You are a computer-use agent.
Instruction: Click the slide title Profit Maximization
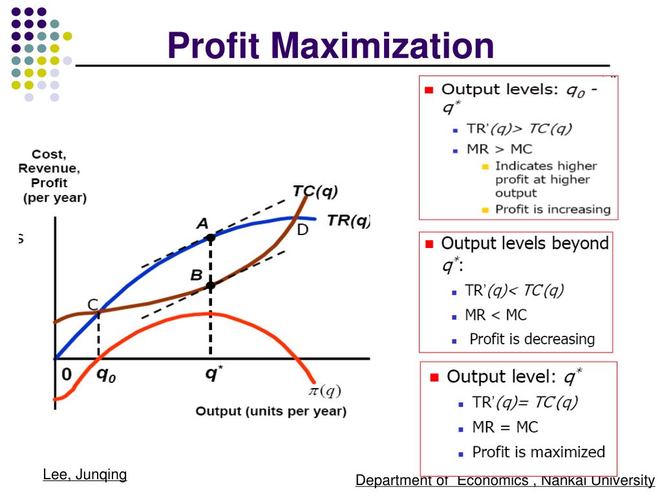coord(330,46)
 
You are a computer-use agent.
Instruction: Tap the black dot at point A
coord(210,238)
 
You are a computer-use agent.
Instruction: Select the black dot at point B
coord(210,285)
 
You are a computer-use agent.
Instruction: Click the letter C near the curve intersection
coord(93,305)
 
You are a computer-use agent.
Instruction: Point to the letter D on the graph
coord(303,230)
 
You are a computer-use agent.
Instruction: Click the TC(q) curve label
coord(315,191)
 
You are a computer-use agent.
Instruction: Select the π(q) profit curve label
coord(323,391)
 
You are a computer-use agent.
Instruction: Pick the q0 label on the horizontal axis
coord(106,375)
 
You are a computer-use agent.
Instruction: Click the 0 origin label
coord(67,375)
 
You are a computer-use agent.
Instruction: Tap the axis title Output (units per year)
coord(271,411)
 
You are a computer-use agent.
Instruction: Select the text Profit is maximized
coord(539,452)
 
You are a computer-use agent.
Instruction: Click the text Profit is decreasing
coord(531,339)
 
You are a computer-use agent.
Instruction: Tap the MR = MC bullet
coord(505,427)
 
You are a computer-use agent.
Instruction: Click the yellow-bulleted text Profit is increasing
coord(553,209)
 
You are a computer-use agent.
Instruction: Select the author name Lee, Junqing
coord(85,475)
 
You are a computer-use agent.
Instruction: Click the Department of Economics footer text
coord(505,480)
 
